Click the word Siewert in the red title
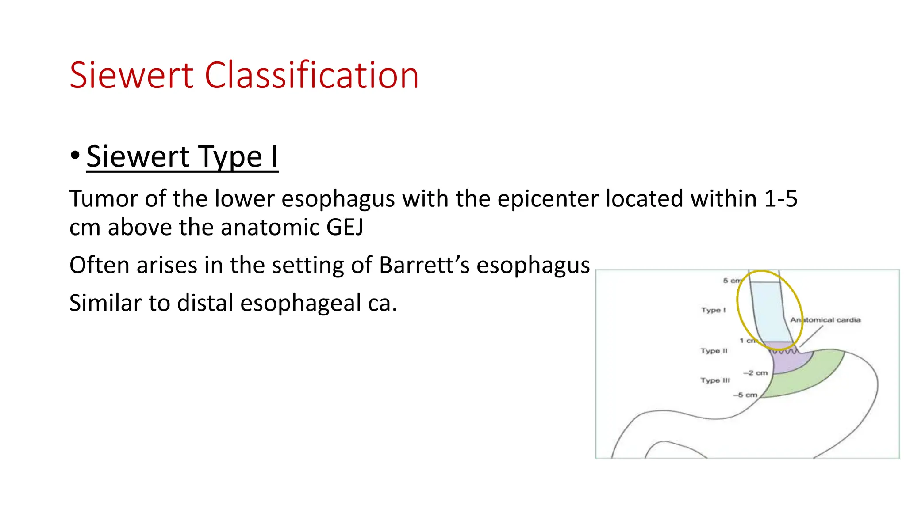pos(131,76)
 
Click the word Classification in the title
pos(311,76)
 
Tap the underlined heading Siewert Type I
pos(182,157)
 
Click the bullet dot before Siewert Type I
pos(75,156)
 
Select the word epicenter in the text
pos(548,199)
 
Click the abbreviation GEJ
pos(345,228)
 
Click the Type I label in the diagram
pos(713,310)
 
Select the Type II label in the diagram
pos(714,351)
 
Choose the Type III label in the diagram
pos(715,380)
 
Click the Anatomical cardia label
pos(825,320)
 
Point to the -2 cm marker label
pos(756,373)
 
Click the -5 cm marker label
pos(745,395)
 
